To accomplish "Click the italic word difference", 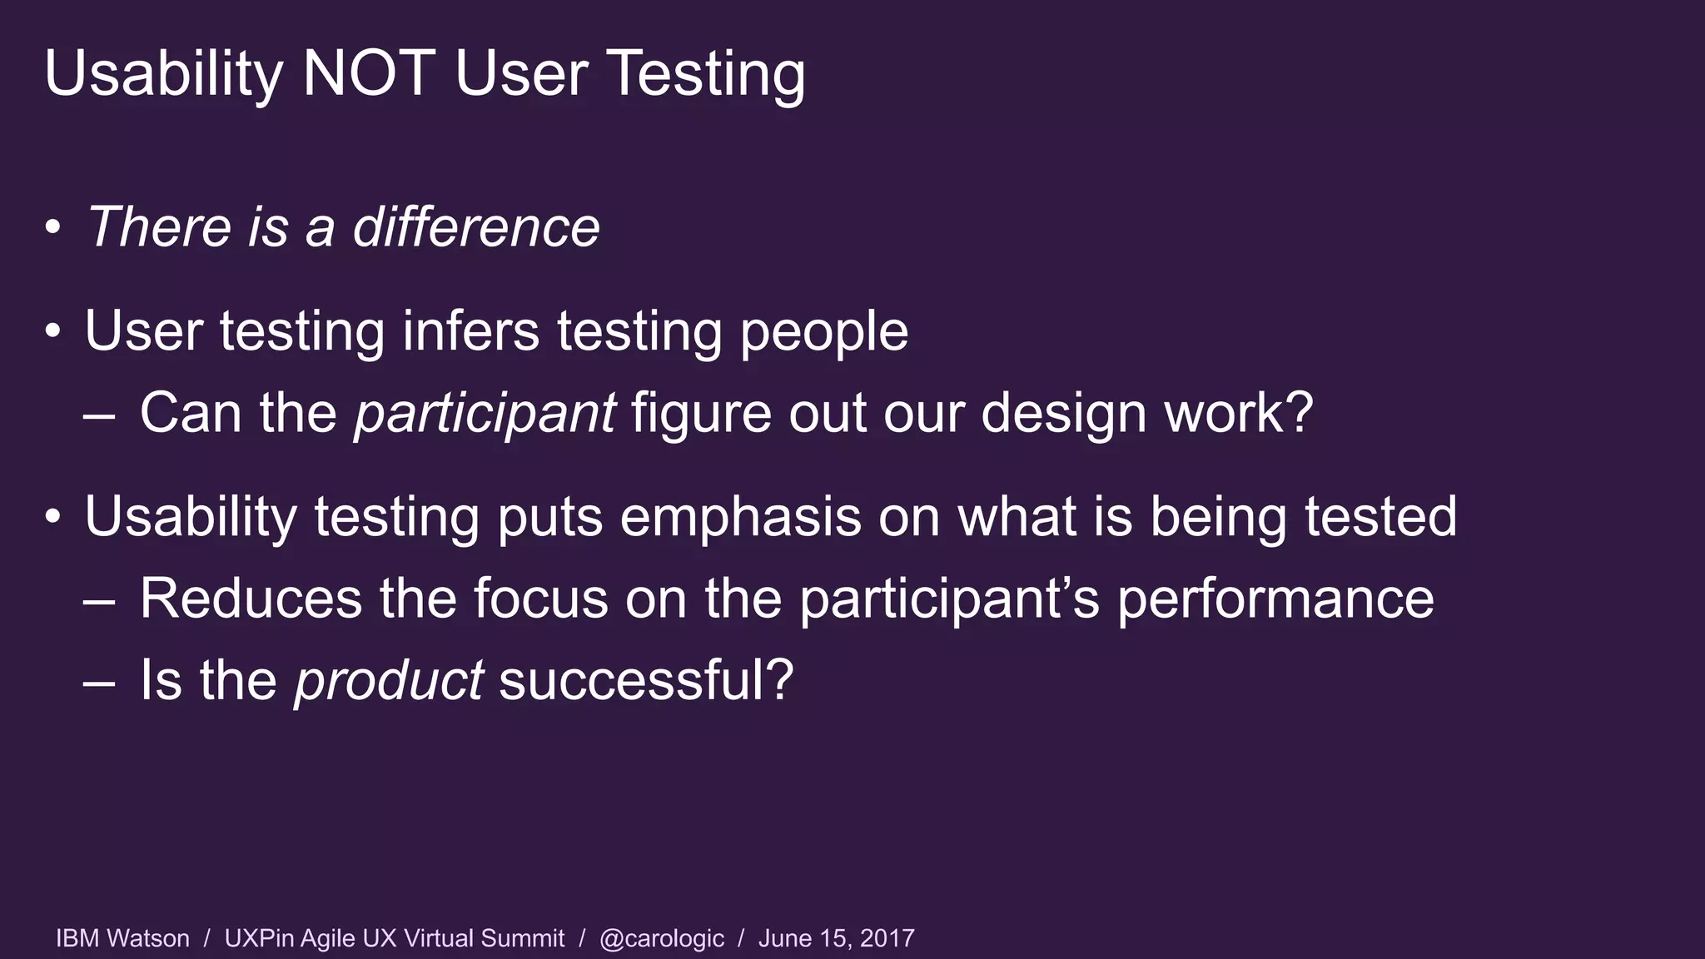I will click(475, 227).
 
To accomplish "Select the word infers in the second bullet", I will click(471, 331).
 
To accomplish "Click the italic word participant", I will click(485, 414).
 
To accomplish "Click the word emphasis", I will click(740, 518).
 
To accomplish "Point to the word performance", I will click(1275, 599).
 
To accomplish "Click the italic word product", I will click(389, 681).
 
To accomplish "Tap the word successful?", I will click(646, 679).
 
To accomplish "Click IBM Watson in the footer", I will click(122, 938).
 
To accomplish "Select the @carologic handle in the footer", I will click(662, 939).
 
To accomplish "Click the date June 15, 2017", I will click(836, 938).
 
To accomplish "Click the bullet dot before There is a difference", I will click(53, 227).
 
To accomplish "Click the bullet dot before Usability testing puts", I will click(53, 517).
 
